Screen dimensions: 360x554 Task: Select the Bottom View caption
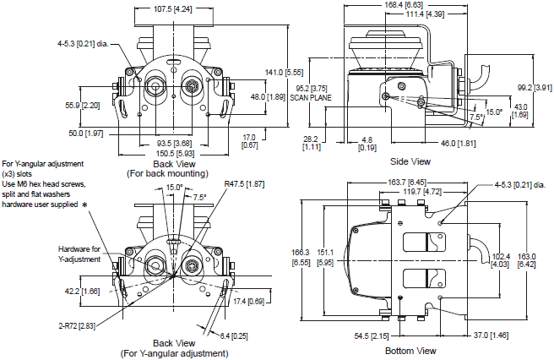(410, 350)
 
